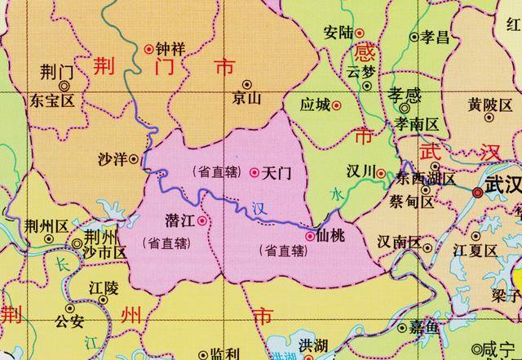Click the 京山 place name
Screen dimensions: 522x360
tap(246, 99)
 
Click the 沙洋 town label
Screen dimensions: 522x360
tap(113, 158)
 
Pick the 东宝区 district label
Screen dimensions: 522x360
tap(51, 101)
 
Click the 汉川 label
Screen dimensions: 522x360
tap(360, 171)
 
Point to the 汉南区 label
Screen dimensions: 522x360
tap(399, 242)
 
